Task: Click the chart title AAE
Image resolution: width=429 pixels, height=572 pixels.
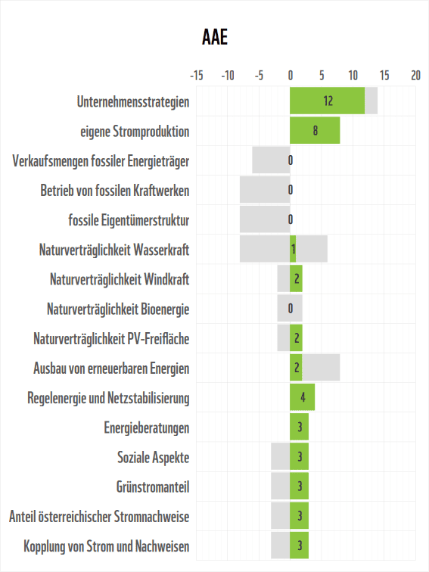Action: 215,38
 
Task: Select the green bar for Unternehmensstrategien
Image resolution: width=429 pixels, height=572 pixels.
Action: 327,101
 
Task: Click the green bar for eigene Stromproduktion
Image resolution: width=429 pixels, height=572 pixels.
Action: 315,130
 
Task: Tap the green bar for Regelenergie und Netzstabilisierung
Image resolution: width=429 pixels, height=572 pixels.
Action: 302,397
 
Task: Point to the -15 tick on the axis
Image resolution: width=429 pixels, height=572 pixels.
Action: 196,76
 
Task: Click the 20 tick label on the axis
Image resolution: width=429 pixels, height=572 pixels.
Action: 415,76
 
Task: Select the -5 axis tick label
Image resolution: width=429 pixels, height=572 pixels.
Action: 259,76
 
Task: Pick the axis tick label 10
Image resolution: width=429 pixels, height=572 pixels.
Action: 353,76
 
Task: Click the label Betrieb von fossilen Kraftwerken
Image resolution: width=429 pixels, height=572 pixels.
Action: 114,190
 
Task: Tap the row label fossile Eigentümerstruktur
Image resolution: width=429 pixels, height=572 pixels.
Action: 129,220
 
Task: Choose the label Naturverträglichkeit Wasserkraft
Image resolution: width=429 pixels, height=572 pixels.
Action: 113,250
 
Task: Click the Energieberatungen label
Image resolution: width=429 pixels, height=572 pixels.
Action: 146,428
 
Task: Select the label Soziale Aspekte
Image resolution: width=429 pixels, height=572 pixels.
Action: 153,458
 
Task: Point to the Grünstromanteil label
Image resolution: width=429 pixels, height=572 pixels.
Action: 153,487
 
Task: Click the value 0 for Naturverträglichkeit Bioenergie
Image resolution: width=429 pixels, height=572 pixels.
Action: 291,309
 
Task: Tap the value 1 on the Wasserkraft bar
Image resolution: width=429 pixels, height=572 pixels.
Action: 293,250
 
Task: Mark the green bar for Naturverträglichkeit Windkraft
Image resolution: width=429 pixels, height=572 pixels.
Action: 296,279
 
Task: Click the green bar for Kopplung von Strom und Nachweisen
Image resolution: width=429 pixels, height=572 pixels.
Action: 299,546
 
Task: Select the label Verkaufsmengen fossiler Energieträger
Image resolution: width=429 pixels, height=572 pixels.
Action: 101,160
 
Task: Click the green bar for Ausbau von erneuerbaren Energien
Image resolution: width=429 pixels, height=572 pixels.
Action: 296,368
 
